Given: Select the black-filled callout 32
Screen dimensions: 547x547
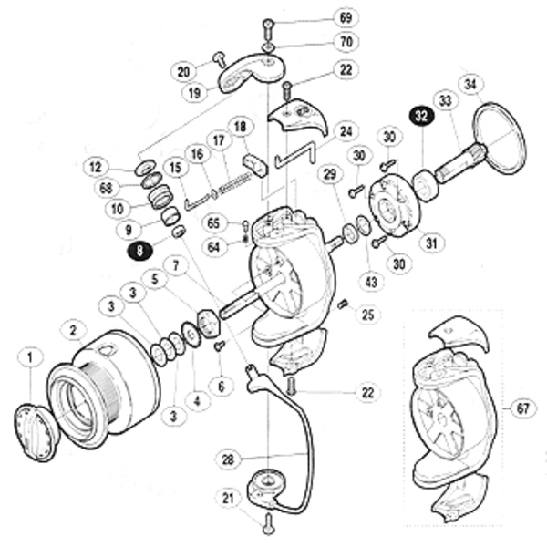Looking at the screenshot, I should pyautogui.click(x=422, y=117).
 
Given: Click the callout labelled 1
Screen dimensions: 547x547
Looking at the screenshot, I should pyautogui.click(x=28, y=358).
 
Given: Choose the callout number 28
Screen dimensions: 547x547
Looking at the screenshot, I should pyautogui.click(x=229, y=460).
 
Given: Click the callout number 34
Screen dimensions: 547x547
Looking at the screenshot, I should pyautogui.click(x=470, y=87).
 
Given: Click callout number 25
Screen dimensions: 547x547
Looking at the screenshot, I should pyautogui.click(x=366, y=315).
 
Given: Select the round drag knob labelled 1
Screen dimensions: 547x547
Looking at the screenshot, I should pyautogui.click(x=37, y=430).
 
